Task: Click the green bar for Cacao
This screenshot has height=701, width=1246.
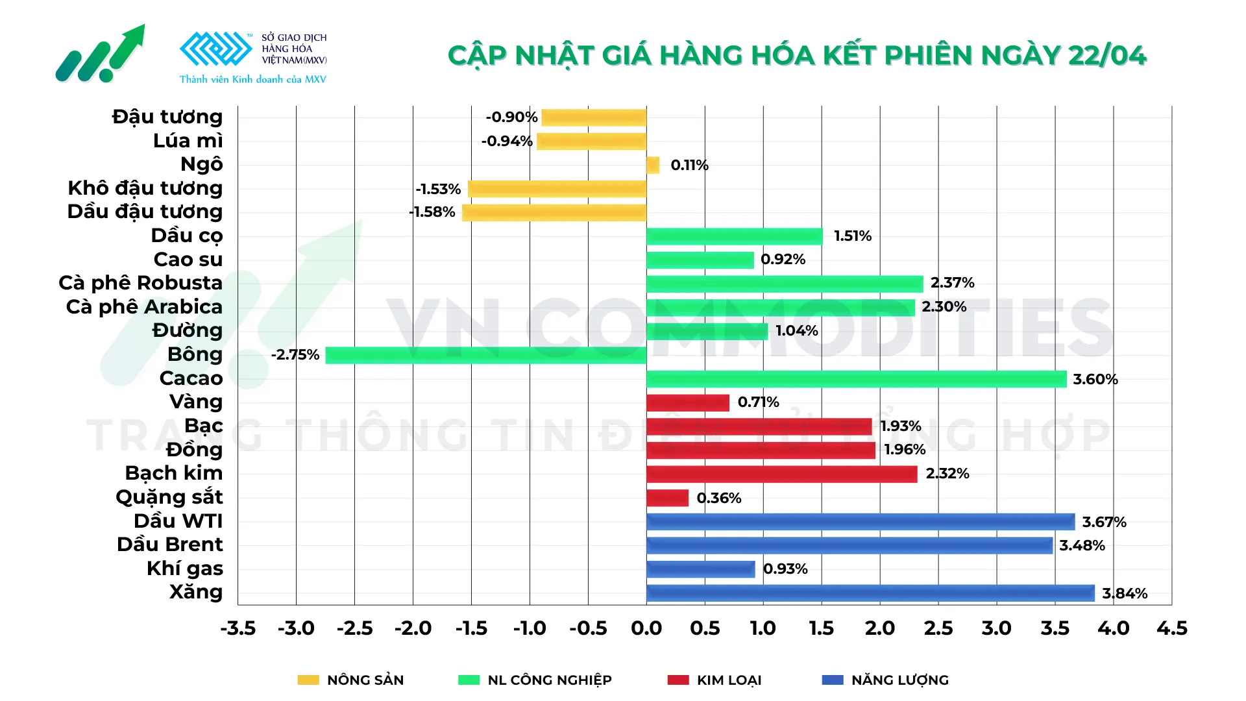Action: point(856,379)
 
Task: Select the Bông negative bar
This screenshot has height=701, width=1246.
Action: point(485,355)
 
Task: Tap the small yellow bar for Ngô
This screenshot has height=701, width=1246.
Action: point(653,165)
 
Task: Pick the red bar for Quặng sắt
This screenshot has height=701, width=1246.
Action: point(667,498)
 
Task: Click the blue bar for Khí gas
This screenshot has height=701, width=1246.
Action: point(700,569)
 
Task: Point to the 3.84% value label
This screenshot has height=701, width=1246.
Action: point(1124,593)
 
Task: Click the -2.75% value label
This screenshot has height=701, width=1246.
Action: point(295,355)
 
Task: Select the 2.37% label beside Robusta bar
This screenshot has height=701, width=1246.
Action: point(952,283)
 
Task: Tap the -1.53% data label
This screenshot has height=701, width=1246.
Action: point(438,189)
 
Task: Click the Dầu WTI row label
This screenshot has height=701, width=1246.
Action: point(178,521)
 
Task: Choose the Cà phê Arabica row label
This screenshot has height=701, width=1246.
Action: point(144,307)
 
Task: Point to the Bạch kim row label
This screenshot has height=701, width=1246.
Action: point(173,473)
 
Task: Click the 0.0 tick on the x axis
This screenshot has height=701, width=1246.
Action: point(646,628)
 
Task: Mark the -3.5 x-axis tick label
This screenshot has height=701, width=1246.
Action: point(238,628)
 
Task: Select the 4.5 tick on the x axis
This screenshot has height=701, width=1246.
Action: point(1171,628)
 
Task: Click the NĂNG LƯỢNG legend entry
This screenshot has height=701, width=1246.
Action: point(899,680)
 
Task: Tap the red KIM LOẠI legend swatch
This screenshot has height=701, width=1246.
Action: point(678,680)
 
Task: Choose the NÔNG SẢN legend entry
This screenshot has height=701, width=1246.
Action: point(365,680)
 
